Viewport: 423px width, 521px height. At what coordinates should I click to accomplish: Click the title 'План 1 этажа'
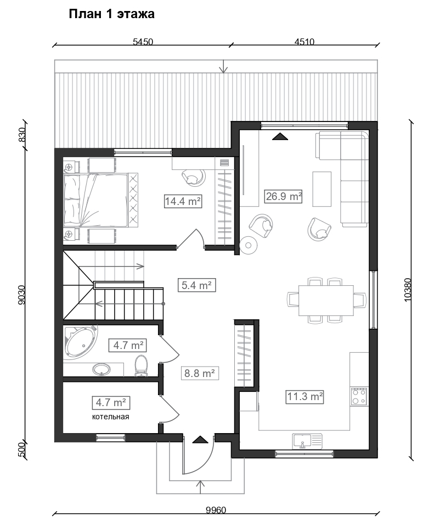pos(111,14)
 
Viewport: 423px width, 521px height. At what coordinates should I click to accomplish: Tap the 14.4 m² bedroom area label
pos(183,201)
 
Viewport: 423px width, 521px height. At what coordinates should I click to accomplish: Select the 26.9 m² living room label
pos(284,196)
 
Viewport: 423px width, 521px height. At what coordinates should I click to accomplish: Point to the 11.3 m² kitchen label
pos(304,397)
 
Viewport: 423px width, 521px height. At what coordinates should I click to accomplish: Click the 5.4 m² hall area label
pos(197,285)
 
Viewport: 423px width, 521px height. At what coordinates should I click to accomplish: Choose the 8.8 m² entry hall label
pos(199,374)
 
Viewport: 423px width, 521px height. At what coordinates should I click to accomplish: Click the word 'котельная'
pos(110,417)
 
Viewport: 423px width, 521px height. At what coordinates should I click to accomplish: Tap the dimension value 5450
pos(143,42)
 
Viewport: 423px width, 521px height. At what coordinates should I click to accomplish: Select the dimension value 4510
pos(304,42)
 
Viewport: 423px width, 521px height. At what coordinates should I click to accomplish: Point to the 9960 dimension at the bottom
pos(216,509)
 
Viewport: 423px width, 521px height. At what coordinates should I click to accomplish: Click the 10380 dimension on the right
pos(408,290)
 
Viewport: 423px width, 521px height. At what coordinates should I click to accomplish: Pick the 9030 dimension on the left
pos(22,295)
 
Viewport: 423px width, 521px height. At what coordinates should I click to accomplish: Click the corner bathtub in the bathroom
pos(81,342)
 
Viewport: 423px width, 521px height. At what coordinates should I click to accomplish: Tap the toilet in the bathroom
pos(141,365)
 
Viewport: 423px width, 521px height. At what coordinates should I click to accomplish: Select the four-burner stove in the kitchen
pos(359,396)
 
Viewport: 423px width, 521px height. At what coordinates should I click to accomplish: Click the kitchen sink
pos(307,441)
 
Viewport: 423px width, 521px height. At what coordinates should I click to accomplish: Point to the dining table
pos(326,301)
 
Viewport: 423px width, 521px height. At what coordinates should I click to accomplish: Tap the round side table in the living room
pos(248,245)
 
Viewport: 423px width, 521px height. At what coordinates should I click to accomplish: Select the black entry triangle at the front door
pos(200,440)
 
